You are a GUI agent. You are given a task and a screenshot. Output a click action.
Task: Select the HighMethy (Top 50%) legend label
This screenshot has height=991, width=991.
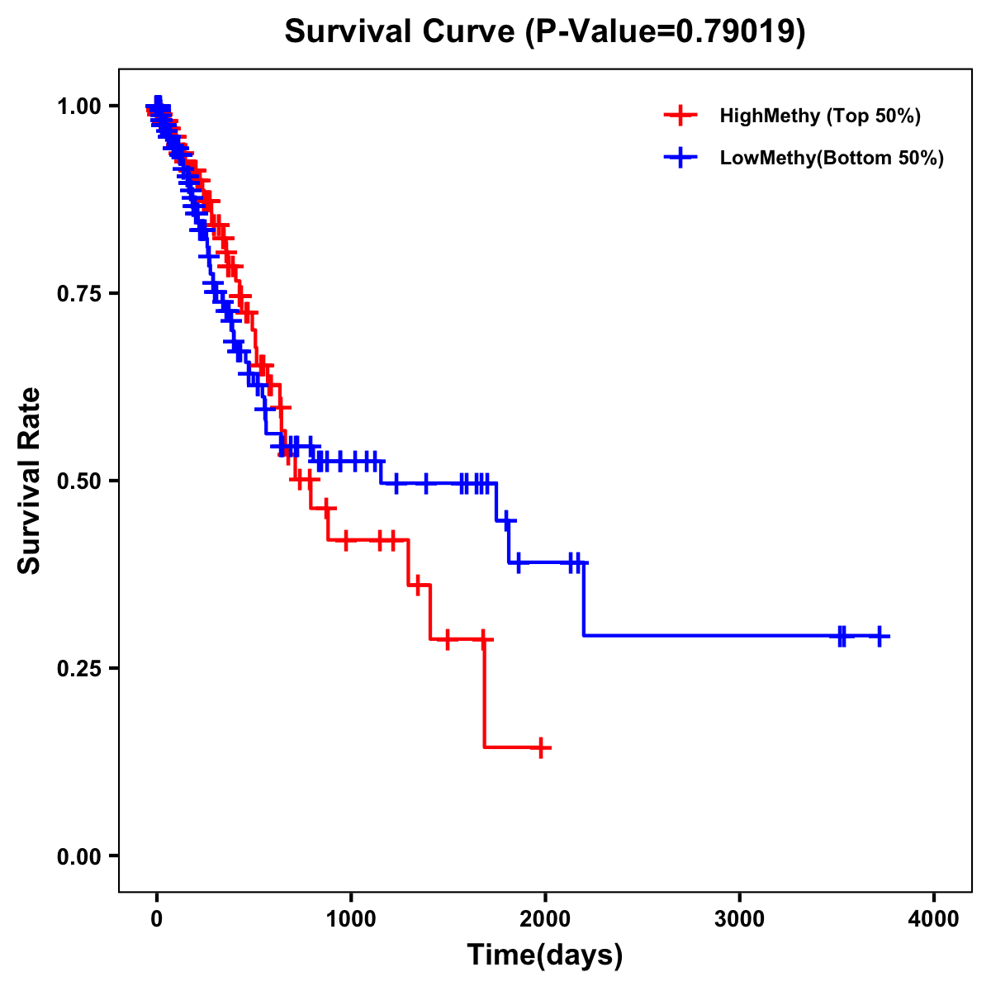click(820, 116)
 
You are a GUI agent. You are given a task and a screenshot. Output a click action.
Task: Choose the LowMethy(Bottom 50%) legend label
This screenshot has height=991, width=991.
click(832, 158)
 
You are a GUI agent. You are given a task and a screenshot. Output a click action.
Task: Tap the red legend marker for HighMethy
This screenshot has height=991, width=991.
click(680, 116)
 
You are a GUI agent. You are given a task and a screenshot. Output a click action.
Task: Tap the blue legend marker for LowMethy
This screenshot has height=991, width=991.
click(680, 158)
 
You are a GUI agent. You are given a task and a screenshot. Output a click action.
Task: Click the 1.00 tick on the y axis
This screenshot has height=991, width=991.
click(78, 106)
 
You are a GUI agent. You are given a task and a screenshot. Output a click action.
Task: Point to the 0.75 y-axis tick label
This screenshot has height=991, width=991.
click(78, 293)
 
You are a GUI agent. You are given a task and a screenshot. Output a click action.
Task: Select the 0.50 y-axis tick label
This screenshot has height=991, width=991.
click(78, 481)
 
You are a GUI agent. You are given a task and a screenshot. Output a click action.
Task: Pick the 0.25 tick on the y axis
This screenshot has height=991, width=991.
click(78, 668)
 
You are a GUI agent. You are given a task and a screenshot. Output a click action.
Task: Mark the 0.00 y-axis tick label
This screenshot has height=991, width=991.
click(78, 856)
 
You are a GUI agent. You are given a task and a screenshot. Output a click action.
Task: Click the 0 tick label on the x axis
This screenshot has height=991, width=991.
click(157, 919)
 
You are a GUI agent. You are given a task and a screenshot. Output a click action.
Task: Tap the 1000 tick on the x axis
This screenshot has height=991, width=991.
click(351, 919)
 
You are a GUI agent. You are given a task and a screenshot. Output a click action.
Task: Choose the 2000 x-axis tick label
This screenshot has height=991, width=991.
click(545, 919)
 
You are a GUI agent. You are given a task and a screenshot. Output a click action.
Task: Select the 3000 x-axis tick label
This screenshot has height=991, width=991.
click(739, 919)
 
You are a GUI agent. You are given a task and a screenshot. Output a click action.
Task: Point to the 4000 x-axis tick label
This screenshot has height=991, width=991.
click(934, 919)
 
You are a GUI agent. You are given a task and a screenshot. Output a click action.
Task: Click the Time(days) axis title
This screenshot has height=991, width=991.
click(545, 955)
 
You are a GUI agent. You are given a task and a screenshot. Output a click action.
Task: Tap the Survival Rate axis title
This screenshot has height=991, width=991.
click(30, 481)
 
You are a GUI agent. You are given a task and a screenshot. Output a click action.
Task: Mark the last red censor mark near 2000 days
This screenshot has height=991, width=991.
click(541, 747)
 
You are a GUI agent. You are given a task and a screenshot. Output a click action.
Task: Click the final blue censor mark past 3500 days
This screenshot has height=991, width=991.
click(880, 636)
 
